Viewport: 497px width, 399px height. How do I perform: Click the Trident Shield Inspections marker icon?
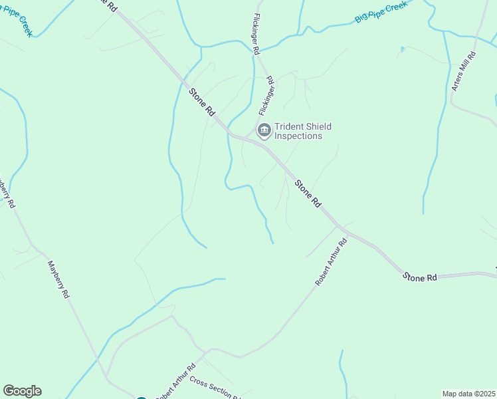[x=264, y=130]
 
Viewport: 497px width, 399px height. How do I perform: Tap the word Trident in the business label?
[x=290, y=126]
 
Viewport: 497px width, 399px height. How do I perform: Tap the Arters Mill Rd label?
[x=464, y=72]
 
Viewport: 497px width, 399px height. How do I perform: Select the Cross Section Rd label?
[x=213, y=388]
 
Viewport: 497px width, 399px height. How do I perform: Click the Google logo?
[x=22, y=391]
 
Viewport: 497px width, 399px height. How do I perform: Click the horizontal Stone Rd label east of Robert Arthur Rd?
[x=420, y=277]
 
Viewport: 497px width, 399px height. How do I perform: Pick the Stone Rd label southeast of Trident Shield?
[x=308, y=193]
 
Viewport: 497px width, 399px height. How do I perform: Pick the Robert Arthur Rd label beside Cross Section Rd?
[x=175, y=382]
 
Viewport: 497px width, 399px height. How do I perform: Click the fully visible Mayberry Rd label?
[x=58, y=278]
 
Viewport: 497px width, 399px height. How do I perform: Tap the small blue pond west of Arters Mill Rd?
[x=402, y=49]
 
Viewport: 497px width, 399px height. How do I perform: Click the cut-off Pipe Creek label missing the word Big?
[x=16, y=22]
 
